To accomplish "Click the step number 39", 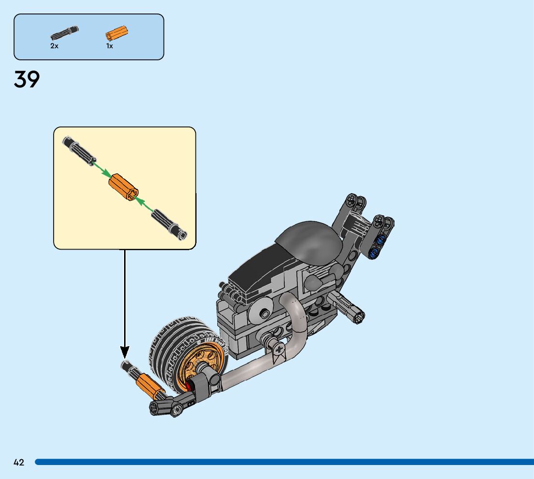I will click(x=27, y=80).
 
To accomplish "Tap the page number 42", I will click(x=19, y=463).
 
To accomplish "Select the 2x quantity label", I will click(x=54, y=46).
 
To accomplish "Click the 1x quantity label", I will click(x=110, y=46).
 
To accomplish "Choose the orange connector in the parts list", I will click(x=116, y=34).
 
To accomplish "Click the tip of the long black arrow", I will click(x=125, y=357).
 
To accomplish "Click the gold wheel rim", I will click(x=204, y=357).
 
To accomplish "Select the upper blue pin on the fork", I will click(x=381, y=240).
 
